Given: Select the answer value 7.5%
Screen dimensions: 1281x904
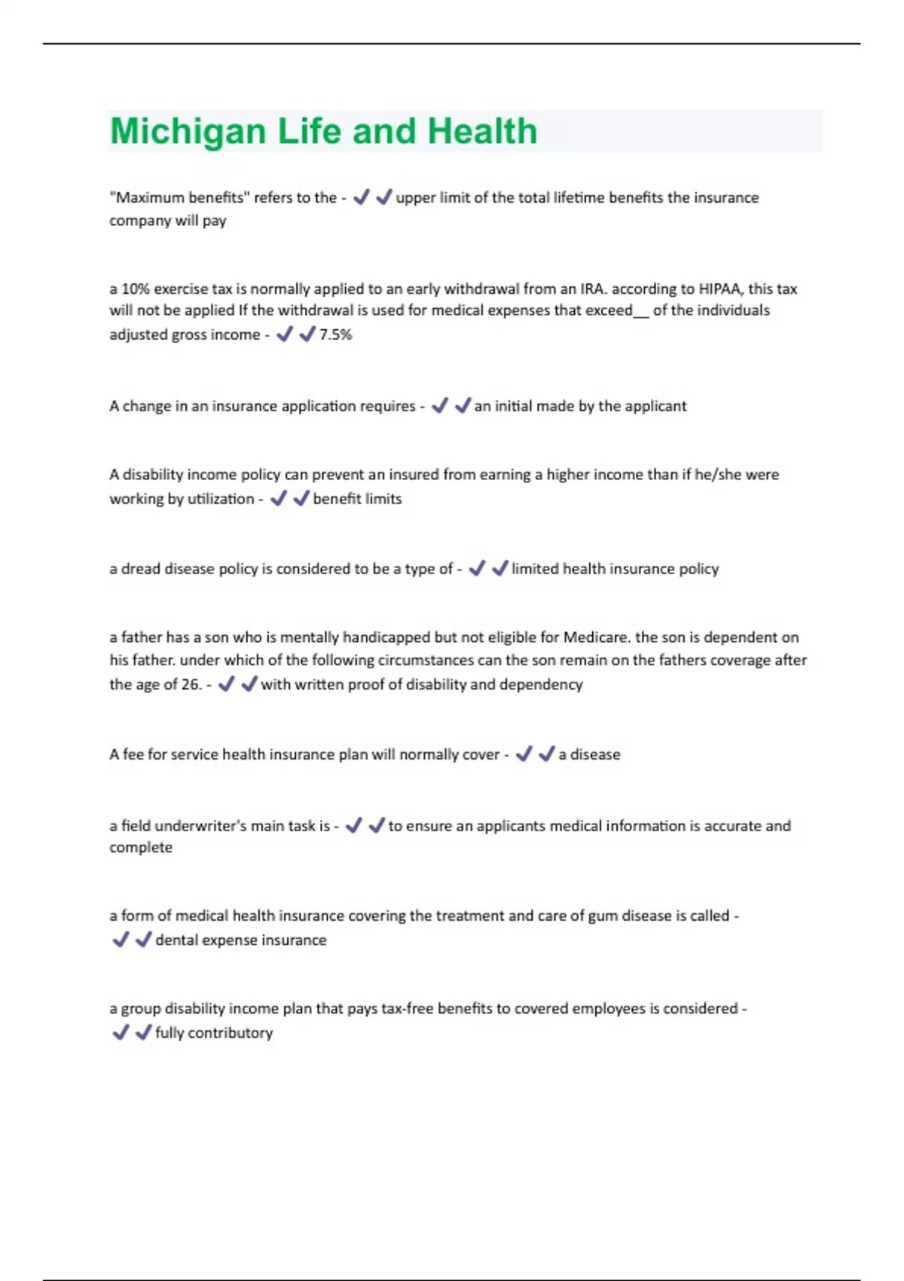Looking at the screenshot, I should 335,335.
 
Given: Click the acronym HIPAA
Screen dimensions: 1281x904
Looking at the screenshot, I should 719,289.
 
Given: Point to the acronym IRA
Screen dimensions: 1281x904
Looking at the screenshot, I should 592,289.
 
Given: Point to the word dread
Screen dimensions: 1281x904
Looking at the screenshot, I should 141,569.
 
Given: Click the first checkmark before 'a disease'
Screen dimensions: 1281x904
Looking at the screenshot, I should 524,754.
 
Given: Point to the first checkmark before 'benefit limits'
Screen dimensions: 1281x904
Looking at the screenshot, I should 279,498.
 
